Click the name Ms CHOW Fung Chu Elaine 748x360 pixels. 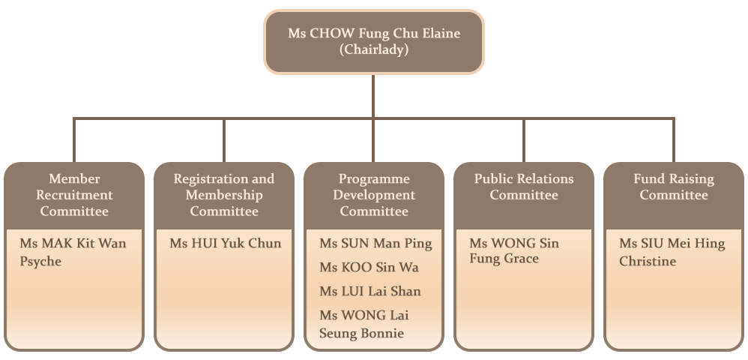(374, 34)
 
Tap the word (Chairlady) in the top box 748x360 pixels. (374, 50)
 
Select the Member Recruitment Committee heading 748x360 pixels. (74, 195)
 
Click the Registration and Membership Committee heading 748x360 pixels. (224, 195)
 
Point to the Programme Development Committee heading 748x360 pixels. (374, 195)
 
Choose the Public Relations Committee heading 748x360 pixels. (524, 187)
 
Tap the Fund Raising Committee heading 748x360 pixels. (674, 187)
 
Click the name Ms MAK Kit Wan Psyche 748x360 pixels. (73, 252)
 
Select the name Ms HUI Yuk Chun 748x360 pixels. (226, 243)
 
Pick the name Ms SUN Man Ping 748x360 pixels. (375, 243)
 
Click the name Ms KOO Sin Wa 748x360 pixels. (369, 267)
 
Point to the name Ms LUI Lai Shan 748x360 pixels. (370, 291)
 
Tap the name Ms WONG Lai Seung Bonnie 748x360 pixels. (364, 324)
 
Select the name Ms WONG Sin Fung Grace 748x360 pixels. (514, 251)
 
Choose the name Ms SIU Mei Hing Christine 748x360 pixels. (672, 252)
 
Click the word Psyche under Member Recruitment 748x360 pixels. (40, 261)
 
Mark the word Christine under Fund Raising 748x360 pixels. (648, 261)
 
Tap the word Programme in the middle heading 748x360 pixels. (374, 178)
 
